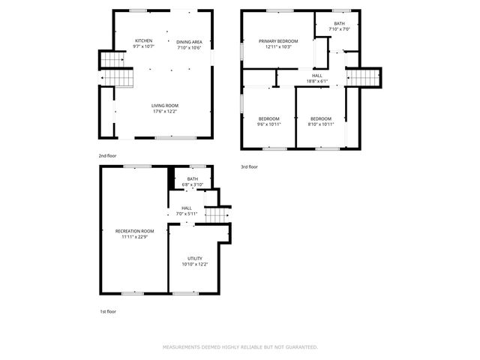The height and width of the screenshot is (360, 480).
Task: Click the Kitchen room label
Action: (144, 40)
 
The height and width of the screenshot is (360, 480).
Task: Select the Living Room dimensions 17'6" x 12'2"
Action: (165, 112)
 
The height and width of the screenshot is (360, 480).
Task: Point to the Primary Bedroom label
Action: (278, 40)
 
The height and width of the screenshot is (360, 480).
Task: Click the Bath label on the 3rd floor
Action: (340, 24)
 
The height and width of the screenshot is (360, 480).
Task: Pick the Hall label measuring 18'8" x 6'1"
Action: (317, 75)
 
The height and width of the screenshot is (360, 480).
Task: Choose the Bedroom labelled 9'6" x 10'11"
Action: (269, 118)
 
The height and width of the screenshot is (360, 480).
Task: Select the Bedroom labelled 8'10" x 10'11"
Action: (321, 118)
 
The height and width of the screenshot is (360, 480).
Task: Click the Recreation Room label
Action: (135, 230)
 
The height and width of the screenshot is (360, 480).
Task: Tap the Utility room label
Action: (195, 258)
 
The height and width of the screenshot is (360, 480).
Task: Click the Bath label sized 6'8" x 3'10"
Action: (193, 178)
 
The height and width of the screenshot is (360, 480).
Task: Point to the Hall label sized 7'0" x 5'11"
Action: (187, 208)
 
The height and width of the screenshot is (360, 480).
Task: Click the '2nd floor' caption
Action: (107, 155)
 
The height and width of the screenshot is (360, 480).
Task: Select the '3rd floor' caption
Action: (249, 166)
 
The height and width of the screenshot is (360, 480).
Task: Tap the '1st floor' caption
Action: (107, 311)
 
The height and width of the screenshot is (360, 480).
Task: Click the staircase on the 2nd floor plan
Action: (114, 67)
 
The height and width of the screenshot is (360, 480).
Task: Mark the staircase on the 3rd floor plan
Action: (364, 77)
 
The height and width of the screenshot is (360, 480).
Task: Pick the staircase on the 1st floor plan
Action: (216, 215)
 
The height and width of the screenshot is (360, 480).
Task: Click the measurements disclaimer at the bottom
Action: (240, 347)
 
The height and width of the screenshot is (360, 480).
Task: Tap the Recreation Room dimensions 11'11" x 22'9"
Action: (135, 236)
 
